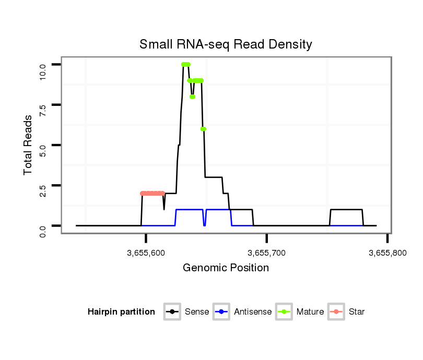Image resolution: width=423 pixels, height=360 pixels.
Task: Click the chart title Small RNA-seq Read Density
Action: pyautogui.click(x=226, y=44)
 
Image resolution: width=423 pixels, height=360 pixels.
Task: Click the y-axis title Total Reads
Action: pyautogui.click(x=28, y=145)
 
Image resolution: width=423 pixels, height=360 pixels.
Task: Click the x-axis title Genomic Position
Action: pyautogui.click(x=226, y=268)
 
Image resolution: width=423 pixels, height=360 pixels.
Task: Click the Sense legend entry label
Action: pyautogui.click(x=197, y=312)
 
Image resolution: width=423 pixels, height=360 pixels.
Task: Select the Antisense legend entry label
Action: pyautogui.click(x=253, y=312)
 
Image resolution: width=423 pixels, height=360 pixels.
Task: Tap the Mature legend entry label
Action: pyautogui.click(x=310, y=312)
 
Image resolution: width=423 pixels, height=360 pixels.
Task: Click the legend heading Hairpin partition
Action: pyautogui.click(x=121, y=312)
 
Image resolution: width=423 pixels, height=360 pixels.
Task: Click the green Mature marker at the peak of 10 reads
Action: pyautogui.click(x=185, y=64)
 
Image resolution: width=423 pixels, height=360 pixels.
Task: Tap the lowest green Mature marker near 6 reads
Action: pyautogui.click(x=203, y=129)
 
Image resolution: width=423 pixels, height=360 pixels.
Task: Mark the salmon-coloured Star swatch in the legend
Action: pyautogui.click(x=337, y=312)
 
